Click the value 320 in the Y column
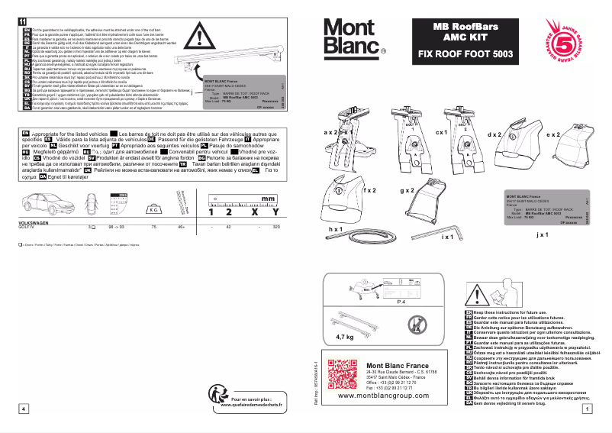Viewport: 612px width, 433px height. point(275,227)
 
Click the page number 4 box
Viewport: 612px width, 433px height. point(24,409)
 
